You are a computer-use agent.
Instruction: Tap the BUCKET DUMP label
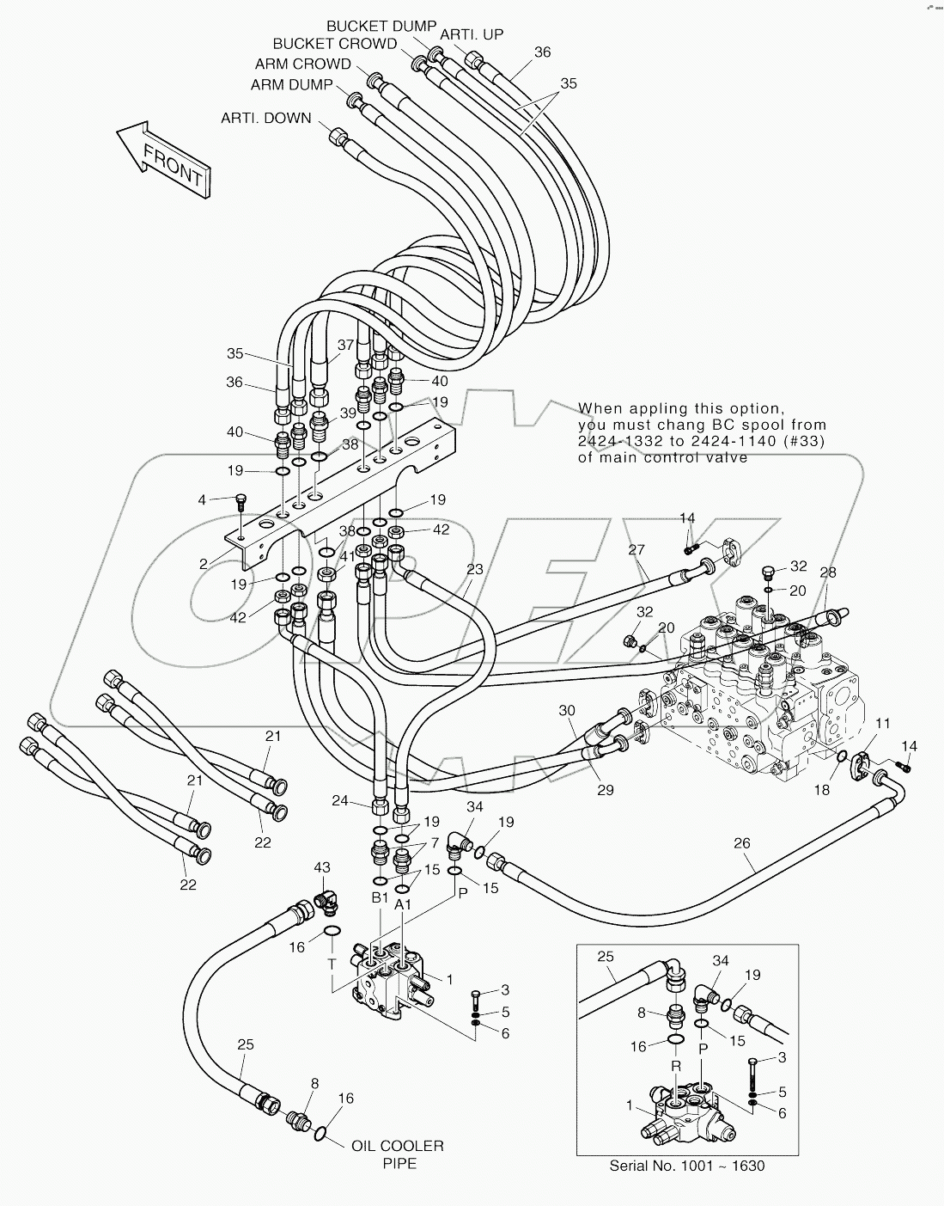[x=381, y=27]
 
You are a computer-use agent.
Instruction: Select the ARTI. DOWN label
[x=266, y=119]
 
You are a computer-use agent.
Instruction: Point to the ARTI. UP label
[x=472, y=34]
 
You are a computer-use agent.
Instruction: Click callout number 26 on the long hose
[x=741, y=843]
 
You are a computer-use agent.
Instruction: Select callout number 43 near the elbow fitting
[x=321, y=868]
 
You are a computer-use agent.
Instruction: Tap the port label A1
[x=403, y=903]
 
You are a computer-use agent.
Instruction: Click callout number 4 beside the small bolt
[x=202, y=499]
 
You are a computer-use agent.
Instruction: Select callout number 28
[x=827, y=572]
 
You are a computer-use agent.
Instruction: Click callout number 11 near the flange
[x=883, y=723]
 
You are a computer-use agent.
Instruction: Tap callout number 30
[x=566, y=711]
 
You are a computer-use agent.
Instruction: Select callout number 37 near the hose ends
[x=345, y=345]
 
